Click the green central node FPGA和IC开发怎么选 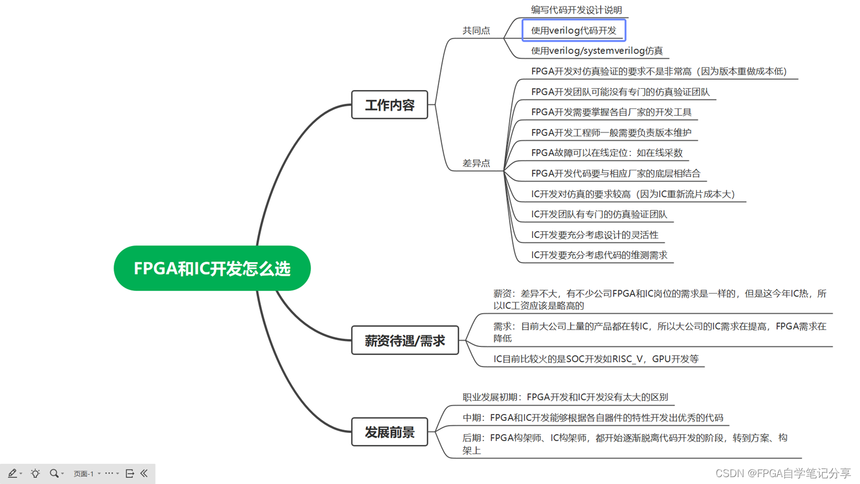pyautogui.click(x=212, y=268)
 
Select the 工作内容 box pyautogui.click(x=389, y=105)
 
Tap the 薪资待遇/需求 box pyautogui.click(x=405, y=341)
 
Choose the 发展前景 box pyautogui.click(x=389, y=432)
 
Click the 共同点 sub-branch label pyautogui.click(x=476, y=30)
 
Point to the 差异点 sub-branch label pyautogui.click(x=476, y=163)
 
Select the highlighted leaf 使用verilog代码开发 pyautogui.click(x=573, y=30)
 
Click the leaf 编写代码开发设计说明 pyautogui.click(x=576, y=10)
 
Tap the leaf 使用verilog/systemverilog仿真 pyautogui.click(x=596, y=51)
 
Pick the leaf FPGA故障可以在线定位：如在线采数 pyautogui.click(x=607, y=153)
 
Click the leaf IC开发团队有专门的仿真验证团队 pyautogui.click(x=599, y=214)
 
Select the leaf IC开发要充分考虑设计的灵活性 pyautogui.click(x=595, y=235)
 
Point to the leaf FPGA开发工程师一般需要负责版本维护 pyautogui.click(x=611, y=132)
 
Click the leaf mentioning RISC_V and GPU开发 pyautogui.click(x=596, y=359)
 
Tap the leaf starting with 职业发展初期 pyautogui.click(x=565, y=397)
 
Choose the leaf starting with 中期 pyautogui.click(x=592, y=417)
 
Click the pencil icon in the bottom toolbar pyautogui.click(x=12, y=473)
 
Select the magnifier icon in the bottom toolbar pyautogui.click(x=54, y=473)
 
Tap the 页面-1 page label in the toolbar pyautogui.click(x=84, y=474)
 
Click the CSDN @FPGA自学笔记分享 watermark pyautogui.click(x=783, y=473)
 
